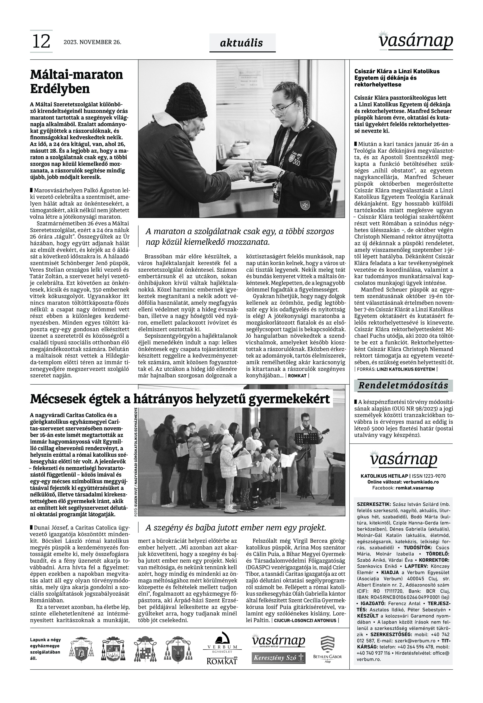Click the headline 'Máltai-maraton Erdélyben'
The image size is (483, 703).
(77, 81)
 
